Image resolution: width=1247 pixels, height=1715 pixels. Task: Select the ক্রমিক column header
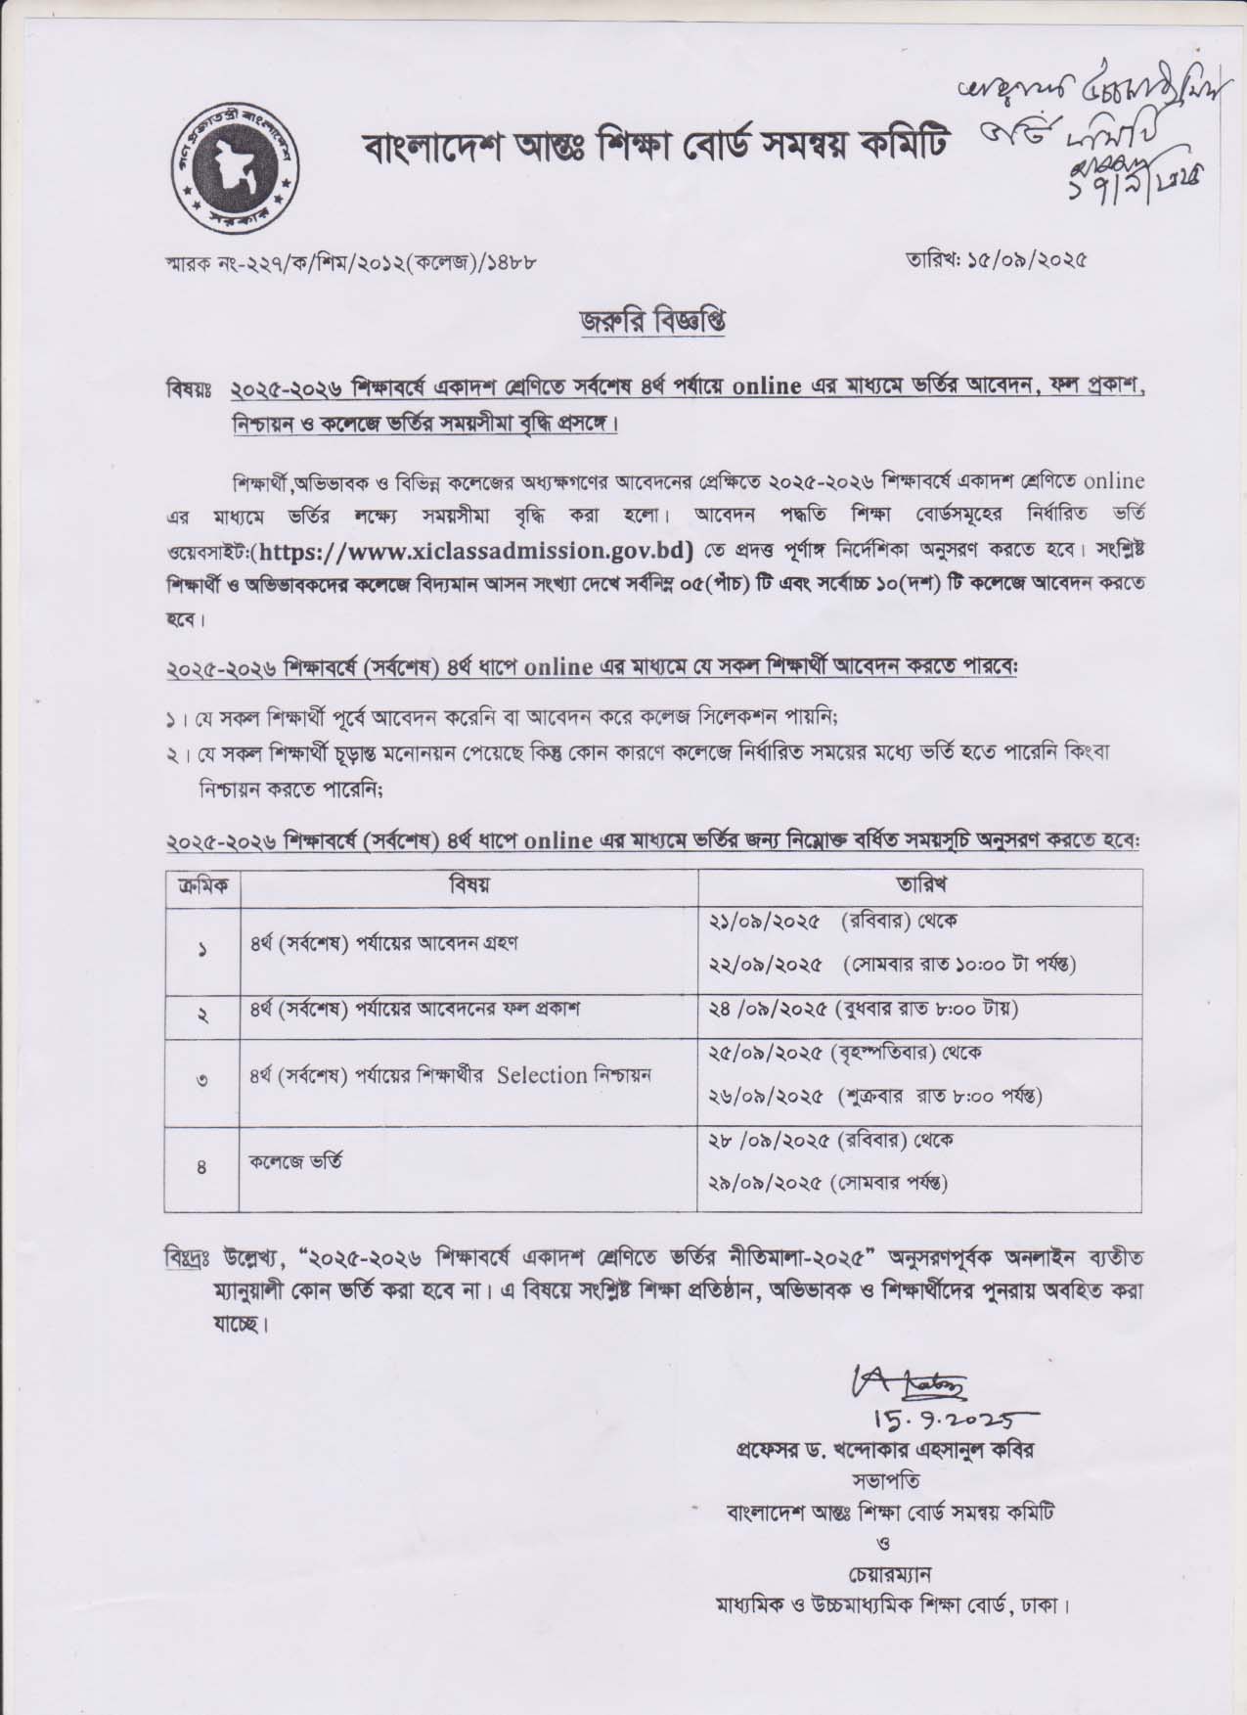202,885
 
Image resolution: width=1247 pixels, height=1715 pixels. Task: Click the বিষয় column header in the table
468,885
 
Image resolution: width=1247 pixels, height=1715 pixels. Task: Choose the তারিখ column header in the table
919,885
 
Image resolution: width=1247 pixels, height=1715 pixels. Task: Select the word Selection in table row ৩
540,1074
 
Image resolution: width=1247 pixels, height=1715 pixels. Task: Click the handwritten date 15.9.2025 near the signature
932,1412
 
